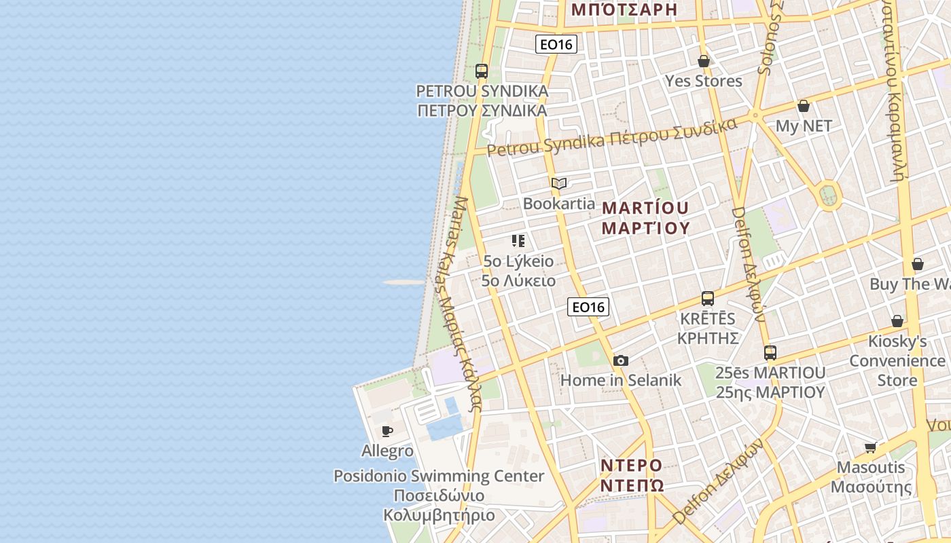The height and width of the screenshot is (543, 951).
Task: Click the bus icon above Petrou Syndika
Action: click(x=482, y=71)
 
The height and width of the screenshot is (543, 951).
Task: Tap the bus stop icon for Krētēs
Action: click(x=708, y=299)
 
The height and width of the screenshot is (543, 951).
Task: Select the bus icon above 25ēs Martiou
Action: click(x=770, y=353)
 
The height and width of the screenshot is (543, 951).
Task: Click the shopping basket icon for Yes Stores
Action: click(x=704, y=61)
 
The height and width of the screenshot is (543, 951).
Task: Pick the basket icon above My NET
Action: click(x=804, y=106)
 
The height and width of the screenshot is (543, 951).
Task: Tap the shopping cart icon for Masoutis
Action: click(x=871, y=447)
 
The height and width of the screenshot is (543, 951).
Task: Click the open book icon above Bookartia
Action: click(x=559, y=183)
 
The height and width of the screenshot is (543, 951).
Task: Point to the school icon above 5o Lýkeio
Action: click(x=518, y=241)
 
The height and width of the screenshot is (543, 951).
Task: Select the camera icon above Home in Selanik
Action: click(x=620, y=361)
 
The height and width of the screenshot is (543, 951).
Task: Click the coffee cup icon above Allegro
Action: click(x=387, y=431)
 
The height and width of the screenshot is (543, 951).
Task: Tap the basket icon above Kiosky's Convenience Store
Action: click(x=897, y=321)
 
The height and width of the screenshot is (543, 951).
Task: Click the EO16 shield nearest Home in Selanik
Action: click(x=588, y=307)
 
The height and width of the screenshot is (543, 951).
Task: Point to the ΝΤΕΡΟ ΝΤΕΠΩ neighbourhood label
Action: click(x=632, y=475)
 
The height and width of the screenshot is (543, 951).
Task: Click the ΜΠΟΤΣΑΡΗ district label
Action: click(x=624, y=9)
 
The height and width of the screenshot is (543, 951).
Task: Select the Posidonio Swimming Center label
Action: click(x=439, y=476)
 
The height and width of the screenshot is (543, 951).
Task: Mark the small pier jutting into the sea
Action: click(x=403, y=282)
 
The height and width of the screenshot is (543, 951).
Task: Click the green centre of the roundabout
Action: click(x=828, y=195)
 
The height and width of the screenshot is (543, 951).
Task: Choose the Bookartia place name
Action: click(x=558, y=204)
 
